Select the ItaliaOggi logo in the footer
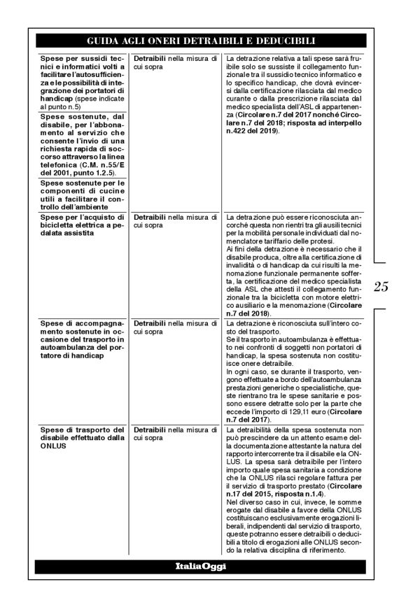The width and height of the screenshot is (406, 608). pos(199,566)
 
